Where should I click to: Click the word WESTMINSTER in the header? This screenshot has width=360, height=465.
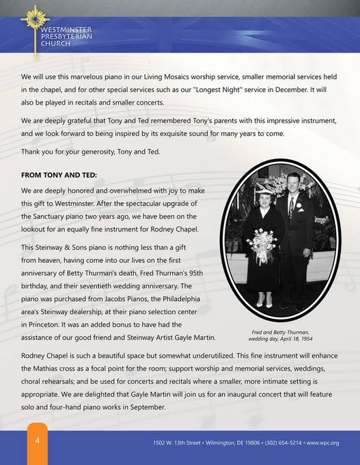point(66,30)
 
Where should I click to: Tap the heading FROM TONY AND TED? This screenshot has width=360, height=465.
point(59,175)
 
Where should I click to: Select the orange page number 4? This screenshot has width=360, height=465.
point(38,440)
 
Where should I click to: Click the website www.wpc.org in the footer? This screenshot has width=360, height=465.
point(323,443)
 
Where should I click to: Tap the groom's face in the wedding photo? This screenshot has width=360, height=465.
point(293,182)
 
